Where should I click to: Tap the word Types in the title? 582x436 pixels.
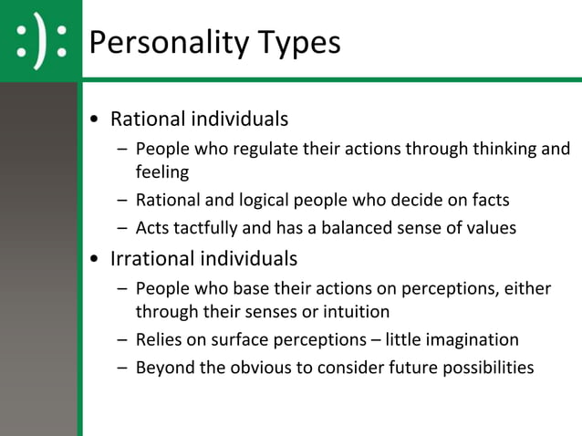coord(299,42)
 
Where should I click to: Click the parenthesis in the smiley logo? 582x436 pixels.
coord(40,41)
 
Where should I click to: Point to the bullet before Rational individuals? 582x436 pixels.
coord(96,120)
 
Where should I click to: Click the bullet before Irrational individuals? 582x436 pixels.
coord(96,259)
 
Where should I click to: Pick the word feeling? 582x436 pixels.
coord(162,171)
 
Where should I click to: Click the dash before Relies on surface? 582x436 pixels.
coord(122,340)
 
